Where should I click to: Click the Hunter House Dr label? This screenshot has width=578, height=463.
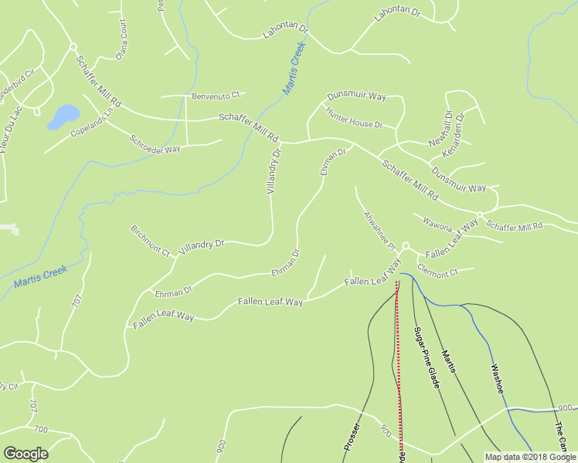point(354,118)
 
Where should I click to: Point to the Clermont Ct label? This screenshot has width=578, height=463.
point(437,271)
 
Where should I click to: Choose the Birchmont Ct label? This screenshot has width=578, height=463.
point(150,240)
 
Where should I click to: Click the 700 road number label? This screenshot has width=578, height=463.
point(40,428)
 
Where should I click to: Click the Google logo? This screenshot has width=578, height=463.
point(25,453)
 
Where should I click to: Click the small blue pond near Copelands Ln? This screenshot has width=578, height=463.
point(63,116)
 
